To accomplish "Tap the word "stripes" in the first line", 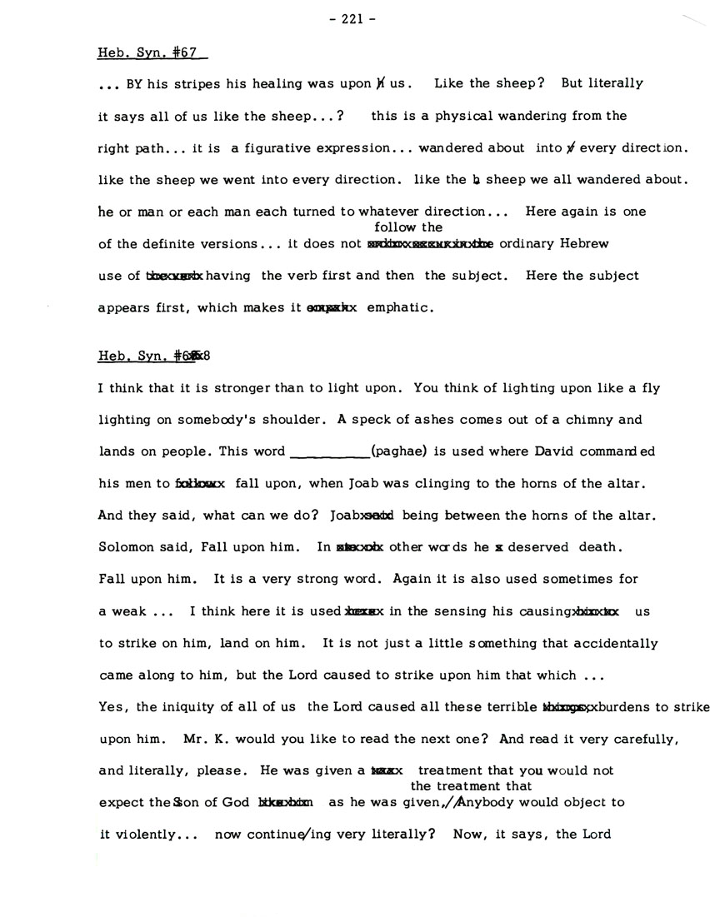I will tap(197, 84).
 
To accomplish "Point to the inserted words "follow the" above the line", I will tap(408, 227).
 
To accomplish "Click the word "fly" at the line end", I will tap(628, 387).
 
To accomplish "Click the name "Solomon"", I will tap(125, 547).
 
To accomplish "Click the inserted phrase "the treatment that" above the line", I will tap(471, 786).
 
